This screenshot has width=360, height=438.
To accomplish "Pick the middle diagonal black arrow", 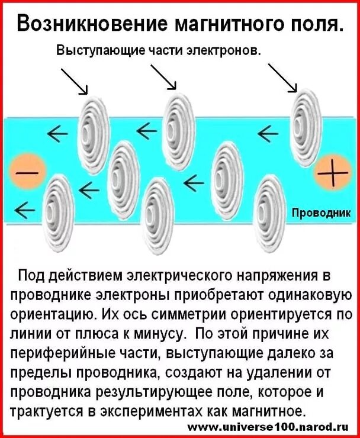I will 164,77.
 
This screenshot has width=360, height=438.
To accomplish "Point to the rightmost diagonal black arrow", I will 282,77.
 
